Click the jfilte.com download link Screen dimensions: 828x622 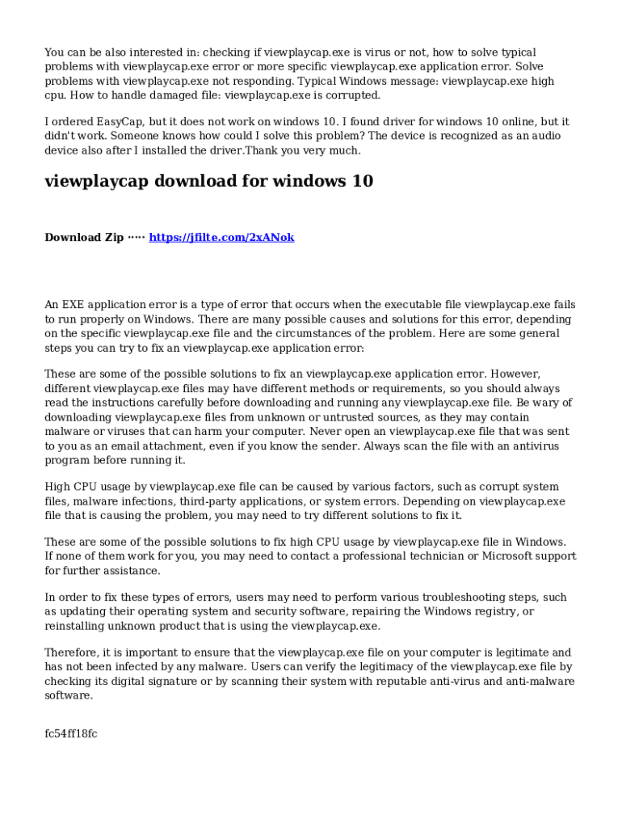(222, 237)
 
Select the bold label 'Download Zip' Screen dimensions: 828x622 (84, 237)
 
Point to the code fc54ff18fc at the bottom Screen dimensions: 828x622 (71, 733)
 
